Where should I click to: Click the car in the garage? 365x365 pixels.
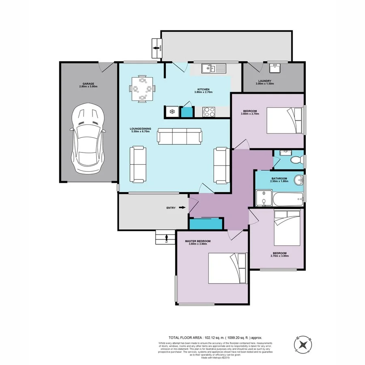[88, 138]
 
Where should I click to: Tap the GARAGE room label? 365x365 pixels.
[87, 84]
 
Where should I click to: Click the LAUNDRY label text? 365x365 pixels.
[265, 81]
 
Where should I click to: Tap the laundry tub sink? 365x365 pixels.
[277, 67]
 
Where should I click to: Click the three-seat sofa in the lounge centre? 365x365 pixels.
[179, 136]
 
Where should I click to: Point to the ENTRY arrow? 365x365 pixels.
[182, 208]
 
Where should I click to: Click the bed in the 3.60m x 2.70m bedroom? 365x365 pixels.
[285, 120]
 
